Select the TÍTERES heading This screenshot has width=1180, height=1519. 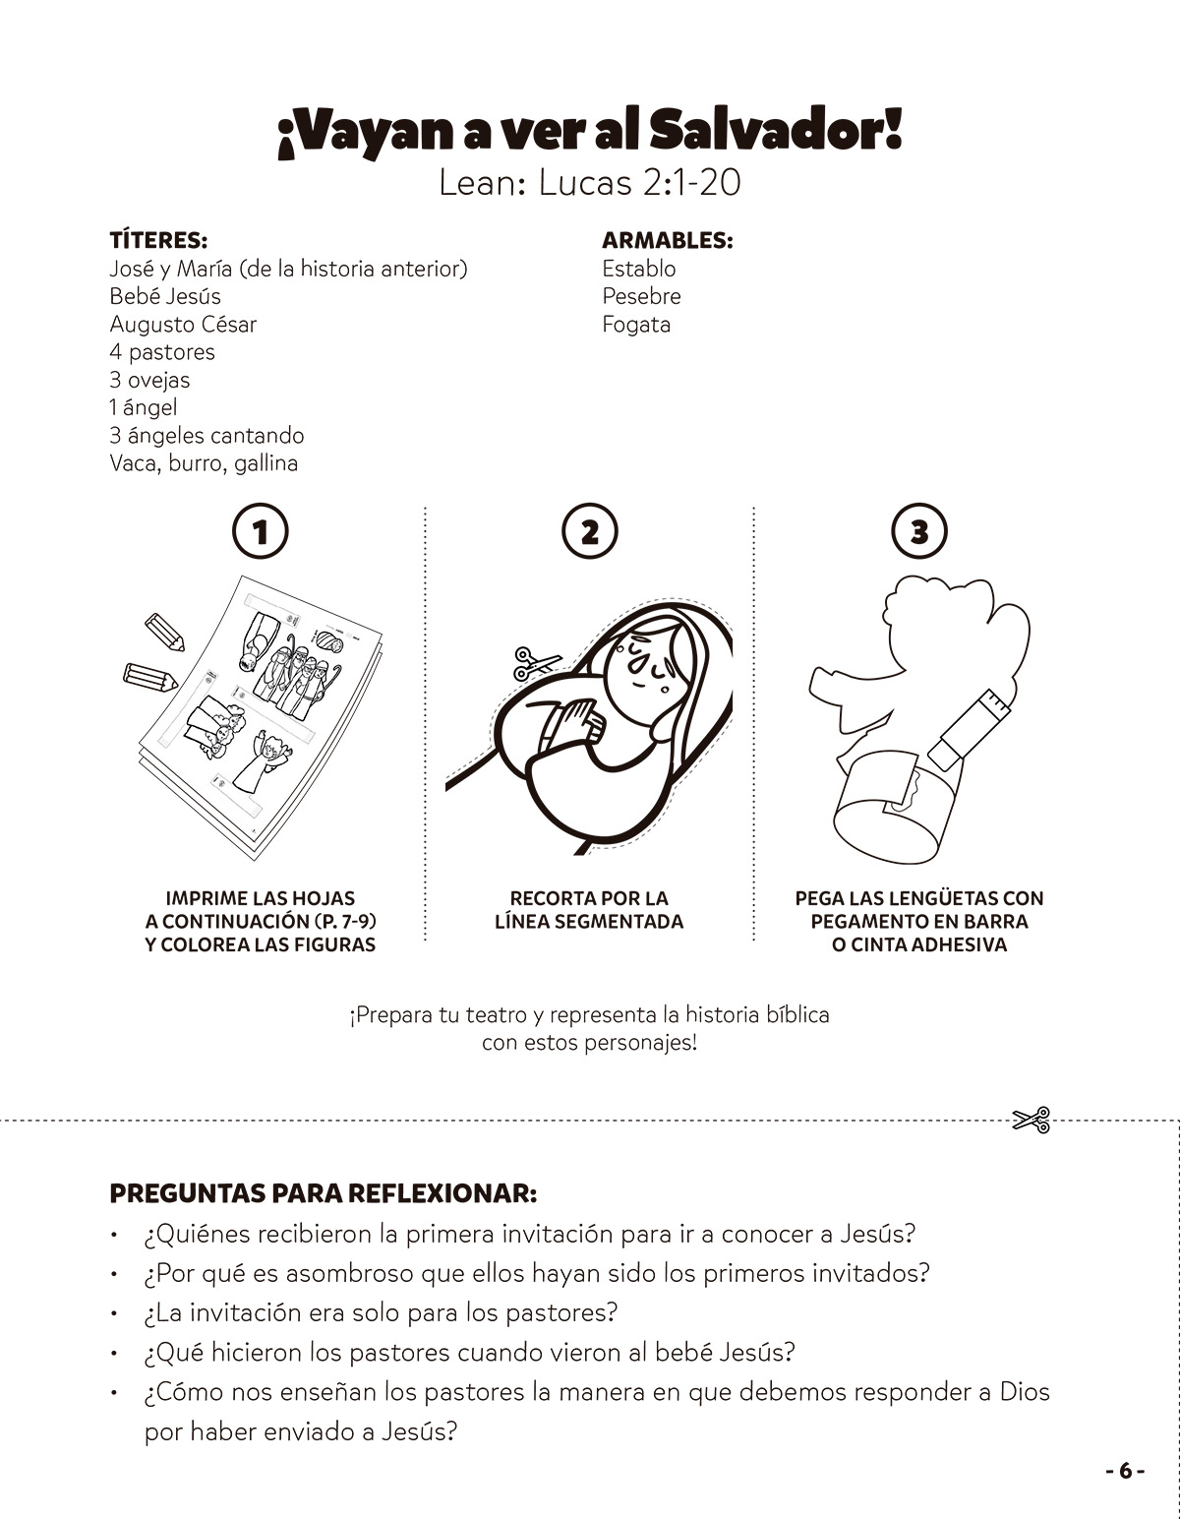(x=157, y=241)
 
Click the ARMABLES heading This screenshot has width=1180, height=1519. (x=668, y=241)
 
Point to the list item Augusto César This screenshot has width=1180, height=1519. (x=183, y=325)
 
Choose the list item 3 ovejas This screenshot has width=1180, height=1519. (x=149, y=380)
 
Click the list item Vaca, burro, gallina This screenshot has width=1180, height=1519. (x=204, y=463)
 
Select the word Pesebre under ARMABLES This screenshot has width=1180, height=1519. (x=641, y=296)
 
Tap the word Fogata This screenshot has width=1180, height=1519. (x=636, y=325)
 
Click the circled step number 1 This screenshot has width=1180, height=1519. (x=261, y=532)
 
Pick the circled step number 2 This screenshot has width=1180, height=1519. (x=589, y=532)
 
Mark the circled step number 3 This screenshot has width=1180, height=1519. (x=918, y=532)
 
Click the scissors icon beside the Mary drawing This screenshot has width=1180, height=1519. (x=536, y=662)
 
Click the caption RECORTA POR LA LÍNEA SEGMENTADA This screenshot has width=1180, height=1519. (x=588, y=910)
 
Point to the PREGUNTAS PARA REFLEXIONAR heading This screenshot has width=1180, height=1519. (x=324, y=1193)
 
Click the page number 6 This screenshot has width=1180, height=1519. (x=1125, y=1471)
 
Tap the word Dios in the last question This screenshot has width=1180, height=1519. (x=1024, y=1392)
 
